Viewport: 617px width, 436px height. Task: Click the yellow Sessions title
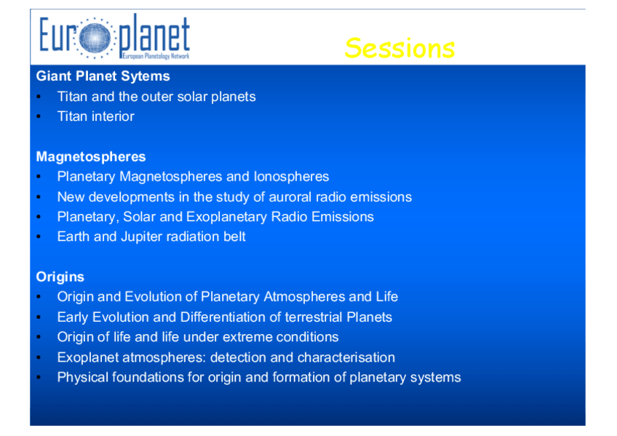[399, 48]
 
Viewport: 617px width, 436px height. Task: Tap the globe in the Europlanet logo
[95, 38]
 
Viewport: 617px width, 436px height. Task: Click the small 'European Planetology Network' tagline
[156, 56]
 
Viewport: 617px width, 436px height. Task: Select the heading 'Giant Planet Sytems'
[103, 76]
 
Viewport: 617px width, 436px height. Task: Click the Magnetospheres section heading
[91, 156]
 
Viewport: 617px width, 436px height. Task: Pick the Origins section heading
[60, 277]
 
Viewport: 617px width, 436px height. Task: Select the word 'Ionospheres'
[291, 177]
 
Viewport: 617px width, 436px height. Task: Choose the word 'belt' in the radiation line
[234, 237]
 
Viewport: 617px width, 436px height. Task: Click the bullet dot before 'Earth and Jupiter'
[39, 237]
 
